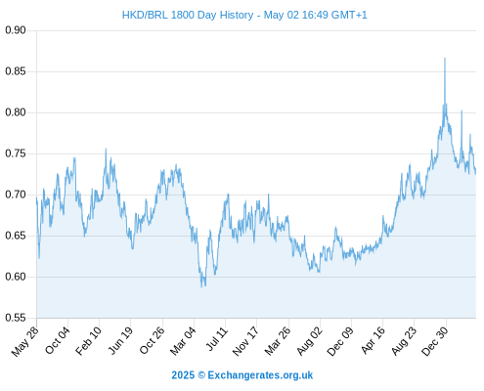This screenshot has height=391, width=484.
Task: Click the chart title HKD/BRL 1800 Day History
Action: pyautogui.click(x=188, y=15)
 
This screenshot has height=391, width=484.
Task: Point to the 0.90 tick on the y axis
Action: pyautogui.click(x=16, y=30)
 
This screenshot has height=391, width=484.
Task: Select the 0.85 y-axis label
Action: pyautogui.click(x=16, y=71)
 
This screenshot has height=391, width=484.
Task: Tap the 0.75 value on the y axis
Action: pyautogui.click(x=16, y=153)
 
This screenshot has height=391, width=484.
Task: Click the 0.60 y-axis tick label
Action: pyautogui.click(x=16, y=277)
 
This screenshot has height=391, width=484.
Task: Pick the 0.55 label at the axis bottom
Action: pyautogui.click(x=16, y=318)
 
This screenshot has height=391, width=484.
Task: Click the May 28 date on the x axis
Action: pyautogui.click(x=25, y=341)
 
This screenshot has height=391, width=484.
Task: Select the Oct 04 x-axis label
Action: pyautogui.click(x=58, y=341)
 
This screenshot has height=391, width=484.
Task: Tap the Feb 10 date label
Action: pyautogui.click(x=88, y=341)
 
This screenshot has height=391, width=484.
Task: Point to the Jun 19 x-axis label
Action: pyautogui.click(x=120, y=341)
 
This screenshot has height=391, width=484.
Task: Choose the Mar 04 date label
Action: pyautogui.click(x=183, y=341)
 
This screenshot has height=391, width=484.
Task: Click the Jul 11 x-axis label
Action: pyautogui.click(x=216, y=339)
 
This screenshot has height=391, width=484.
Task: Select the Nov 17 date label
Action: pyautogui.click(x=245, y=341)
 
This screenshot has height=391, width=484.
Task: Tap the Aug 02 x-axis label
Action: pyautogui.click(x=309, y=341)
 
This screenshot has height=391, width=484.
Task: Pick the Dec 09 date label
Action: pyautogui.click(x=340, y=341)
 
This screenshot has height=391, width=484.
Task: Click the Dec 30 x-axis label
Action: pyautogui.click(x=435, y=341)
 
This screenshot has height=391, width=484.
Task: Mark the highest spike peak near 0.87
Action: pyautogui.click(x=445, y=59)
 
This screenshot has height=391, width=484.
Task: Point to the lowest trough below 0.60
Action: pyautogui.click(x=201, y=286)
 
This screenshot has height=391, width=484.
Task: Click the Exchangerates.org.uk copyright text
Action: pyautogui.click(x=260, y=375)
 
